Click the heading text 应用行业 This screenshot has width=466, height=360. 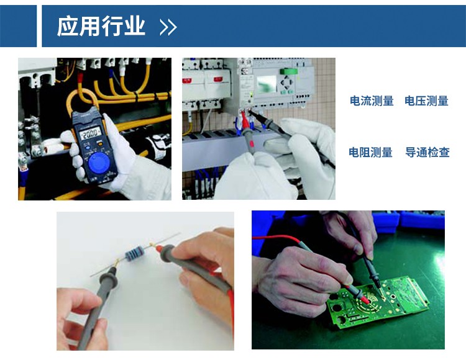(101, 27)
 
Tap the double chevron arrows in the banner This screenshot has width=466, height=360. (168, 27)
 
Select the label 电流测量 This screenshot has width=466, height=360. (372, 101)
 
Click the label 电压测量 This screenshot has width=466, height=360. (426, 101)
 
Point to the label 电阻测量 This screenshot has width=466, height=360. (370, 152)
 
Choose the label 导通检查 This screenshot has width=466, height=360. (427, 152)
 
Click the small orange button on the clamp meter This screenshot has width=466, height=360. (101, 144)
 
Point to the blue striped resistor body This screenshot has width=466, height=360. (135, 254)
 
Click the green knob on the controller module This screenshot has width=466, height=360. (288, 71)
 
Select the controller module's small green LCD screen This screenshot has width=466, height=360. (266, 84)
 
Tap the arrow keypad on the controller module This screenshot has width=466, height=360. (287, 83)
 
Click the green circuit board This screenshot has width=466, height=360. (378, 303)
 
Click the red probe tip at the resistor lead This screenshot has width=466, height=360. (158, 249)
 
